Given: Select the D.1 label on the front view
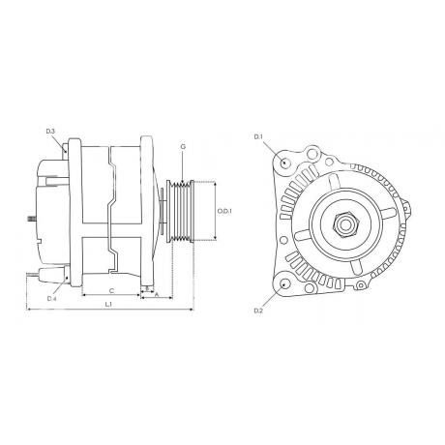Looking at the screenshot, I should (258, 138).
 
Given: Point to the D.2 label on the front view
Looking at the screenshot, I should (258, 310).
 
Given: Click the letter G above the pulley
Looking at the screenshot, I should (183, 147).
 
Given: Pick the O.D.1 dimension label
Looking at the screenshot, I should (222, 211).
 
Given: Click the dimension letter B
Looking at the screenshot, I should (147, 287).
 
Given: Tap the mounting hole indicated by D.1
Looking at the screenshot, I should (283, 163).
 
